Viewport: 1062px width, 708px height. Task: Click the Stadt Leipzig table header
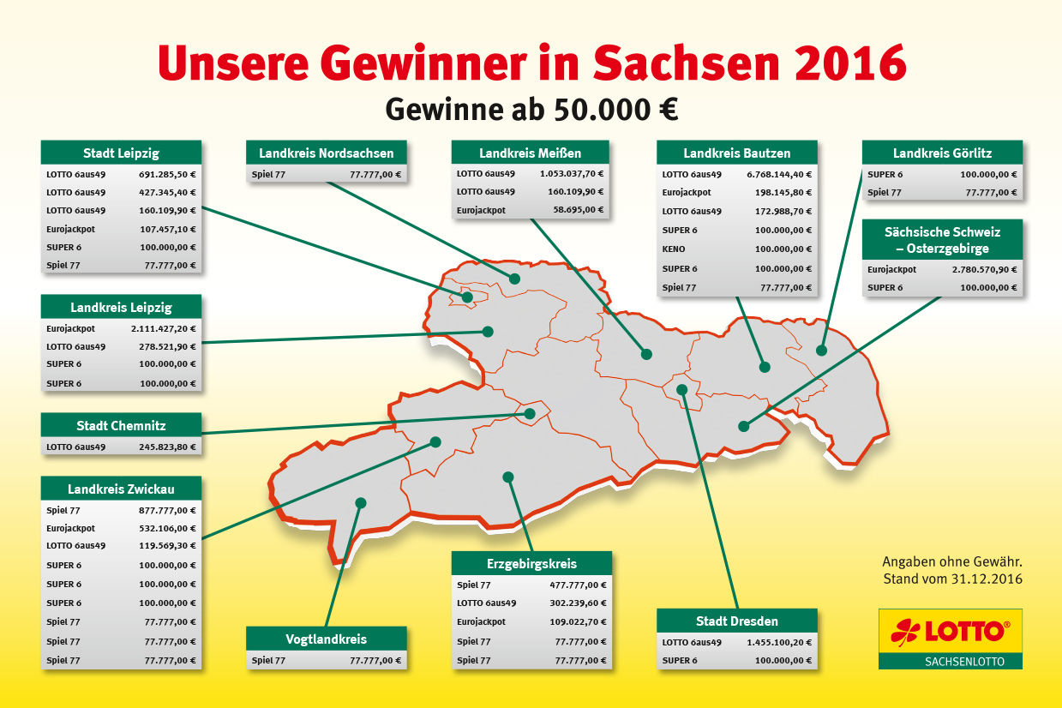pyautogui.click(x=121, y=153)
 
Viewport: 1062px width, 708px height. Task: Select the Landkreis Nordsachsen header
pyautogui.click(x=327, y=153)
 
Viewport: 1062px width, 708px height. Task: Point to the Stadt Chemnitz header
pyautogui.click(x=121, y=426)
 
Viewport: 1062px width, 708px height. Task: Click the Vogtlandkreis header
pyautogui.click(x=326, y=639)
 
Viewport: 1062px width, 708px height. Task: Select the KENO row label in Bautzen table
pyautogui.click(x=674, y=249)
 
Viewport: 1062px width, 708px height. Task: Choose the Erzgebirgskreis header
pyautogui.click(x=531, y=564)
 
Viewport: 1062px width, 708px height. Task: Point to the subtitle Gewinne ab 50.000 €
pyautogui.click(x=531, y=109)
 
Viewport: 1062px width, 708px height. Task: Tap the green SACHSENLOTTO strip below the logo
pyautogui.click(x=950, y=662)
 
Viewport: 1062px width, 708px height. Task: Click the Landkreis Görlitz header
pyautogui.click(x=942, y=153)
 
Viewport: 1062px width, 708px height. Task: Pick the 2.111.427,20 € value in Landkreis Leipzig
pyautogui.click(x=164, y=328)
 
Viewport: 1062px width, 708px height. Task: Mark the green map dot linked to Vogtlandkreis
pyautogui.click(x=361, y=502)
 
